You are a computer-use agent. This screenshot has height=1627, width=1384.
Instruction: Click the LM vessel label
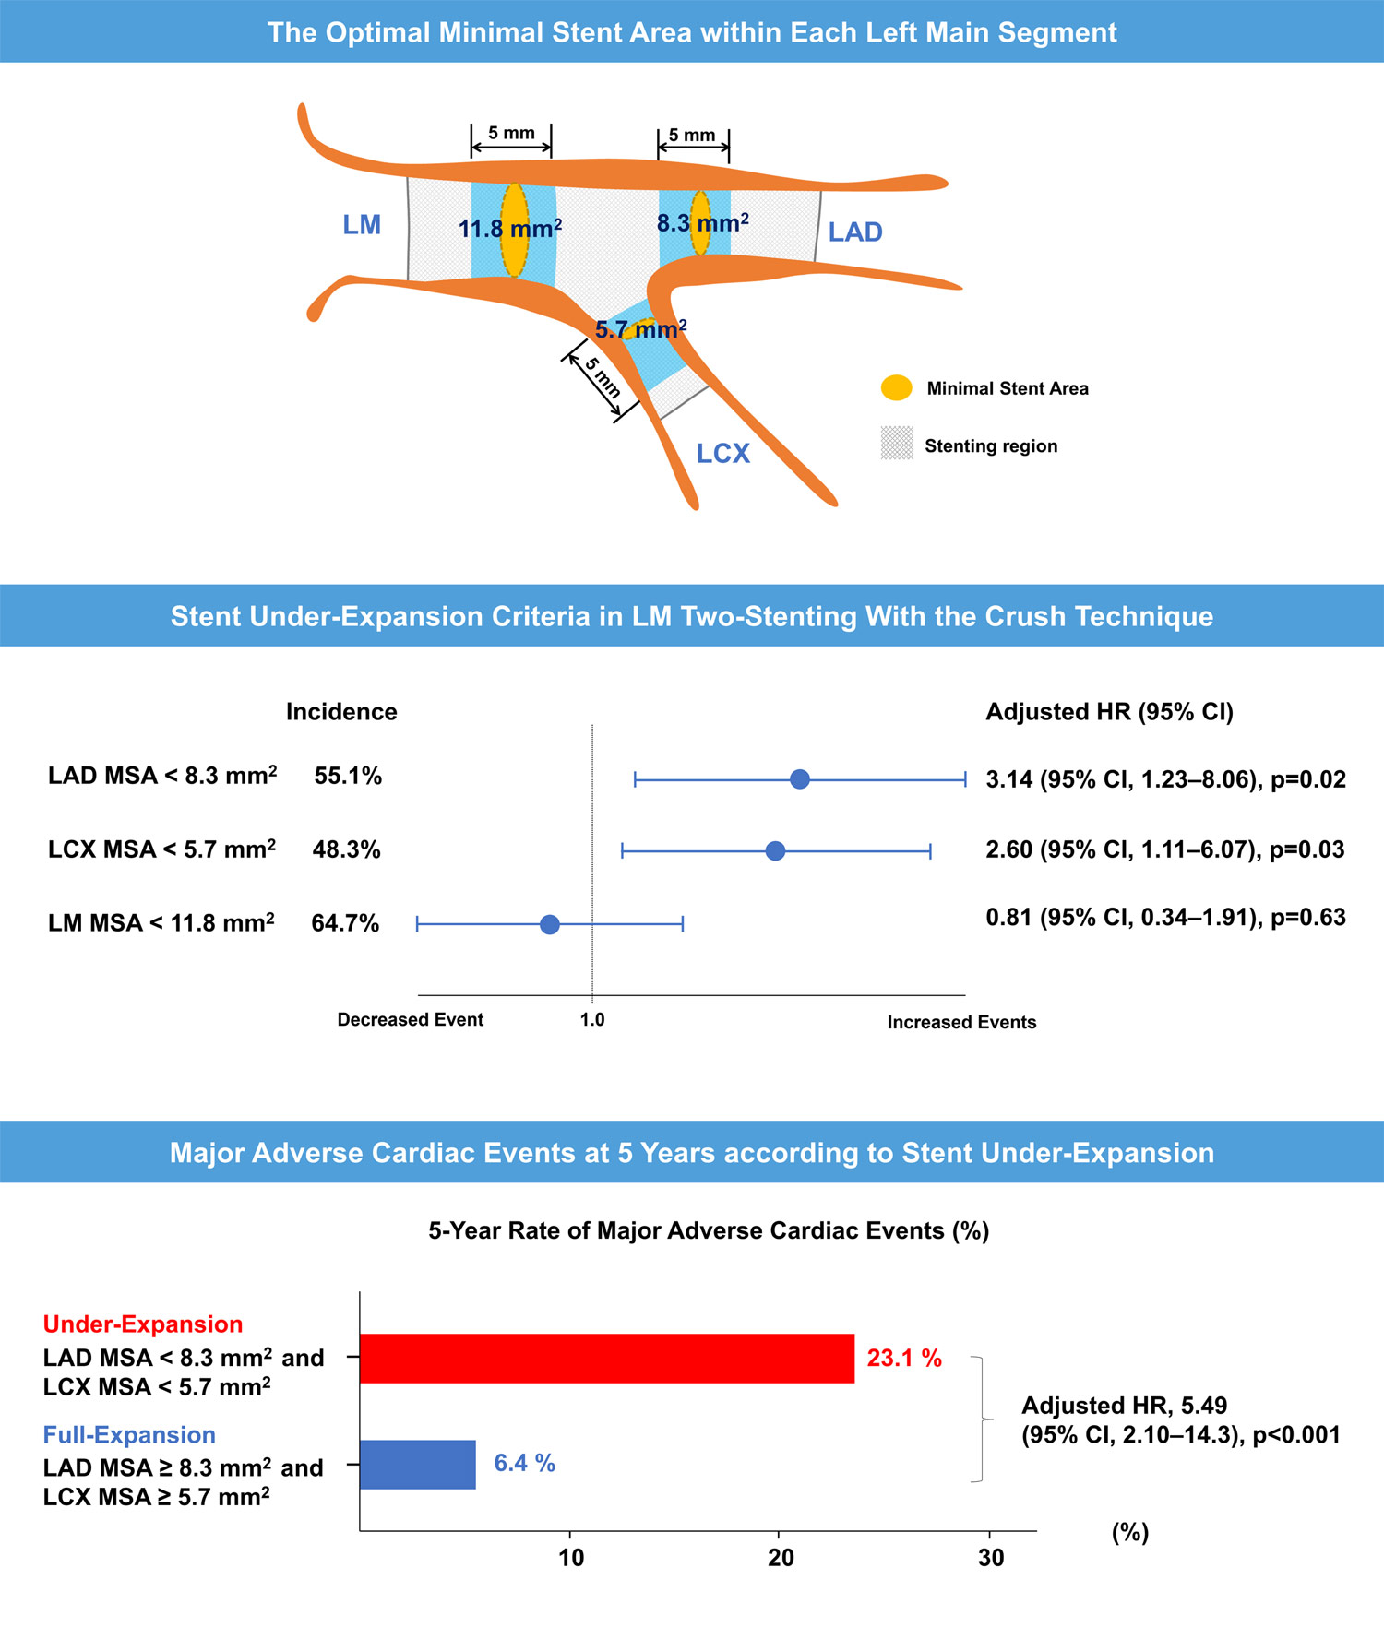[362, 225]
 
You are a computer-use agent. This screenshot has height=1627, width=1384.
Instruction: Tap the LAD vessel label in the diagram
[854, 232]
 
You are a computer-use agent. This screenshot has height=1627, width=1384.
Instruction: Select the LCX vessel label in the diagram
[722, 454]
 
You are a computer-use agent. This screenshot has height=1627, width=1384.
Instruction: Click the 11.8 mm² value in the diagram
[509, 229]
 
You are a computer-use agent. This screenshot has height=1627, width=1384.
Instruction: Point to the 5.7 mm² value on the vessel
[640, 330]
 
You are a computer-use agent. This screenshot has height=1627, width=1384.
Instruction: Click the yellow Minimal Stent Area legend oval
[896, 388]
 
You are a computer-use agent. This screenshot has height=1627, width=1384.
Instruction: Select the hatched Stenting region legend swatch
[897, 444]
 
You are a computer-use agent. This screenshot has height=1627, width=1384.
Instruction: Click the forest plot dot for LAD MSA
[800, 779]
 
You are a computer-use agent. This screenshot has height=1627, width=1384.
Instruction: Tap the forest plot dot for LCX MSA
[775, 850]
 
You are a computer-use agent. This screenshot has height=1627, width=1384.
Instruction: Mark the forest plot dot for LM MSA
[550, 924]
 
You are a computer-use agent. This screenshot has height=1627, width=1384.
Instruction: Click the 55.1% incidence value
[348, 777]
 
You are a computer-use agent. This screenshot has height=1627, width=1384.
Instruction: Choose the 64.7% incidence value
[345, 923]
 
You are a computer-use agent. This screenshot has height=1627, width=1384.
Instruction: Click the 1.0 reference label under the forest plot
[592, 1020]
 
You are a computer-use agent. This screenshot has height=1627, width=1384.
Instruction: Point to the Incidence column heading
[341, 712]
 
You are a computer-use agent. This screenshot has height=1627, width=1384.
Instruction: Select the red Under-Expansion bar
[606, 1359]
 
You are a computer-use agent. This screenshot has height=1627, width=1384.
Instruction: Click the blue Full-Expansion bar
[417, 1465]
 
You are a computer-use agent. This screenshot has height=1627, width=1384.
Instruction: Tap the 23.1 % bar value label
[904, 1359]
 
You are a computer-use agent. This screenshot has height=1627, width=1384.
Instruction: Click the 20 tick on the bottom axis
[781, 1559]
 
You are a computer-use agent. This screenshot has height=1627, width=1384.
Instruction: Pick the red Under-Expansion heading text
[143, 1324]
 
